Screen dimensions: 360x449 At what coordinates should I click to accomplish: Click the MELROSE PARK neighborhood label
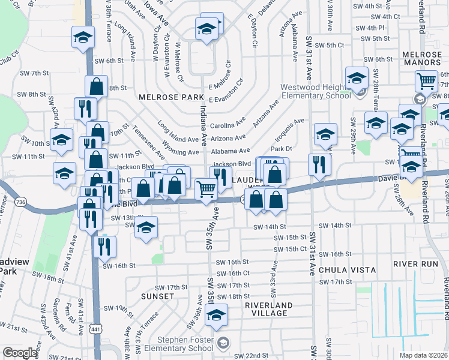(x=163, y=97)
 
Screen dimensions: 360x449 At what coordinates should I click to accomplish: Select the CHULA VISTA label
(x=343, y=271)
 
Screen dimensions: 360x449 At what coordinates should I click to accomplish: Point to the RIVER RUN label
(x=416, y=264)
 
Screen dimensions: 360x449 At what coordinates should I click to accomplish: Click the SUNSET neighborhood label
(x=157, y=296)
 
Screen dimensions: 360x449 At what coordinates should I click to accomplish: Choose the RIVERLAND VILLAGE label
(x=270, y=309)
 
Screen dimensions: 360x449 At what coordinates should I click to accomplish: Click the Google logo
(x=20, y=353)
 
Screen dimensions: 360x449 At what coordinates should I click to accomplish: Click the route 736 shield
(x=22, y=203)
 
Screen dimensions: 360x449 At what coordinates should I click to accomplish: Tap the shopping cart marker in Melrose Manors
(x=426, y=80)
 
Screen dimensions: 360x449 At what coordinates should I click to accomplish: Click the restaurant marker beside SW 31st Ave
(x=319, y=164)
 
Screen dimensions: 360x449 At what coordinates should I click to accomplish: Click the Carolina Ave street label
(x=228, y=127)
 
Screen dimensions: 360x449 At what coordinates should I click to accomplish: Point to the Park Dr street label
(x=280, y=148)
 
